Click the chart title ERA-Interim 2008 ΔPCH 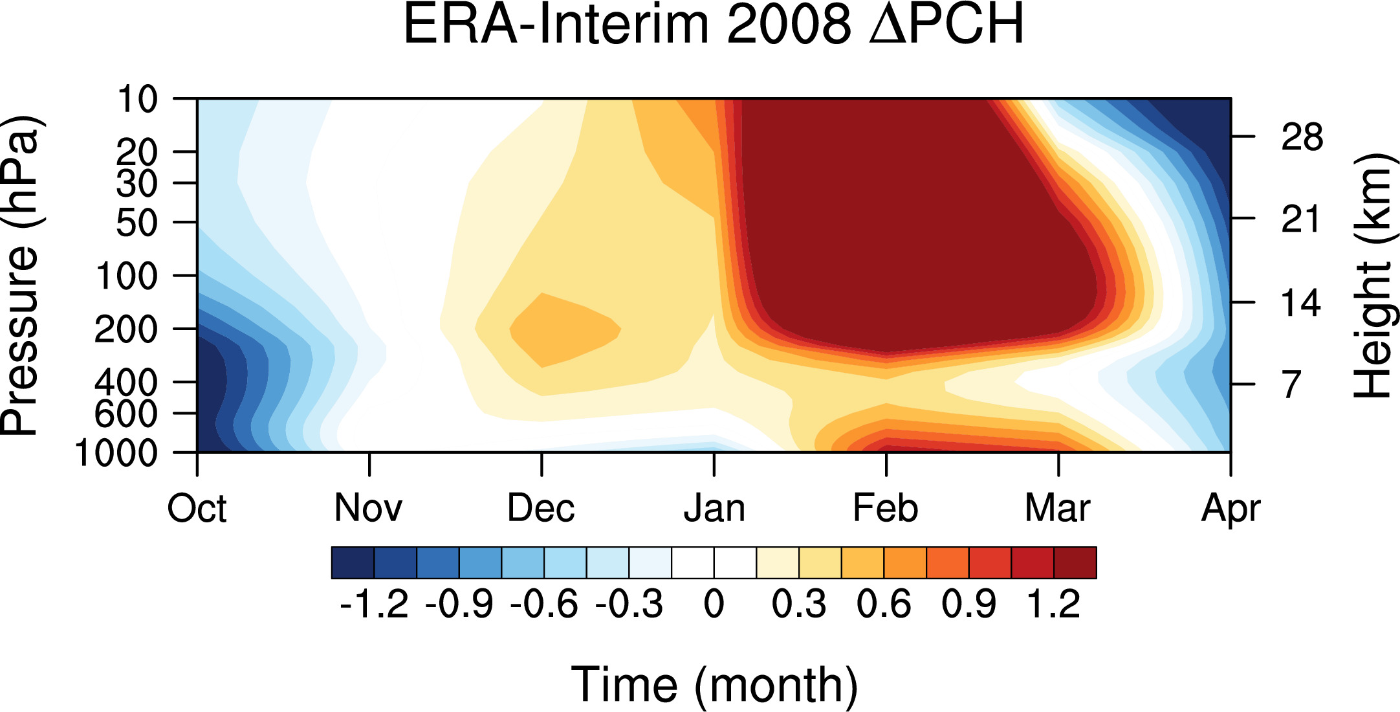point(714,25)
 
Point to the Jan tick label point(714,508)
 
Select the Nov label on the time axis point(368,508)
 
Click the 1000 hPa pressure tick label point(116,453)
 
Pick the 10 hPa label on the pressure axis point(137,100)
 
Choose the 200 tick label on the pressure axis point(126,329)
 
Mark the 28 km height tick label point(1302,137)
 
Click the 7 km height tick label point(1291,384)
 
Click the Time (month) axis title point(714,685)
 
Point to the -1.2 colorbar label point(374,605)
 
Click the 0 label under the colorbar point(714,605)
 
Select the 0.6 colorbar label point(884,605)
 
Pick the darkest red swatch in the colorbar point(1075,562)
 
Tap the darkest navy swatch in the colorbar point(353,562)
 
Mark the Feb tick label point(886,508)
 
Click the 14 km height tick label point(1301,303)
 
